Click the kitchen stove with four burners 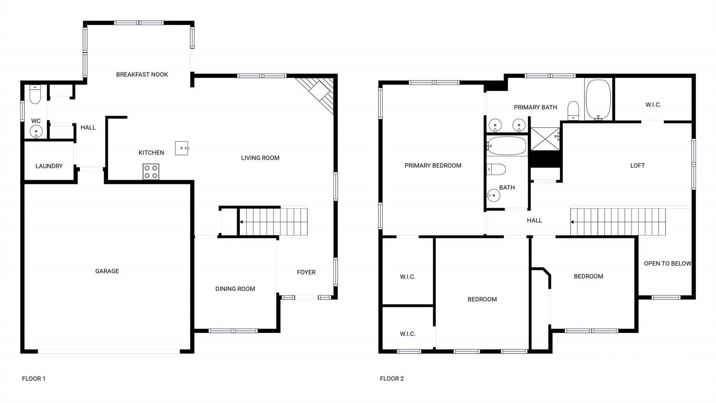pos(151,172)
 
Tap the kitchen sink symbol pos(182,148)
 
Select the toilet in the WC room pos(35,94)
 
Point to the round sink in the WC pos(36,132)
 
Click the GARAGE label pos(107,271)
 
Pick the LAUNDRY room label pos(49,166)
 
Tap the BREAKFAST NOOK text pos(142,74)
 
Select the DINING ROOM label pos(235,289)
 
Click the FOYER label pos(306,272)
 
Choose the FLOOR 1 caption pos(34,378)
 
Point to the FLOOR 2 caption pos(392,378)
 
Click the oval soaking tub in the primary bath pos(598,99)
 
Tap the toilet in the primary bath pos(573,111)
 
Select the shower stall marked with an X pos(545,139)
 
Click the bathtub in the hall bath pos(507,146)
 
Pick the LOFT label pos(637,166)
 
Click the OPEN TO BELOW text pos(667,264)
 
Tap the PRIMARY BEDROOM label pos(433,166)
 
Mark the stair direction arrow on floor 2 pos(572,222)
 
